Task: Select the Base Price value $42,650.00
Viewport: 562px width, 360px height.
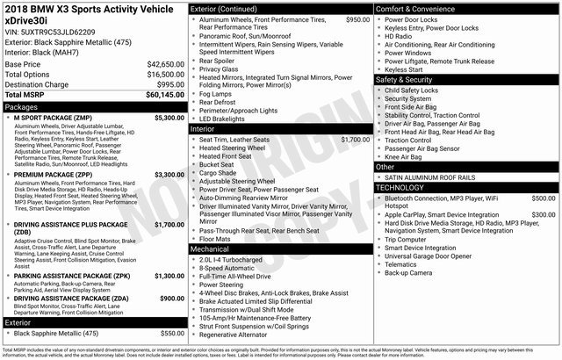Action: click(x=165, y=65)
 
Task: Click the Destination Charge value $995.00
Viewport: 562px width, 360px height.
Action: click(x=170, y=84)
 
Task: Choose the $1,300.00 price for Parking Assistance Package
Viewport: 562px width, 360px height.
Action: click(x=169, y=276)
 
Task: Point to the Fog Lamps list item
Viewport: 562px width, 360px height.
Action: click(x=215, y=94)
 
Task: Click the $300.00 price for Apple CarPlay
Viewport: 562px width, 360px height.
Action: click(x=543, y=214)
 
